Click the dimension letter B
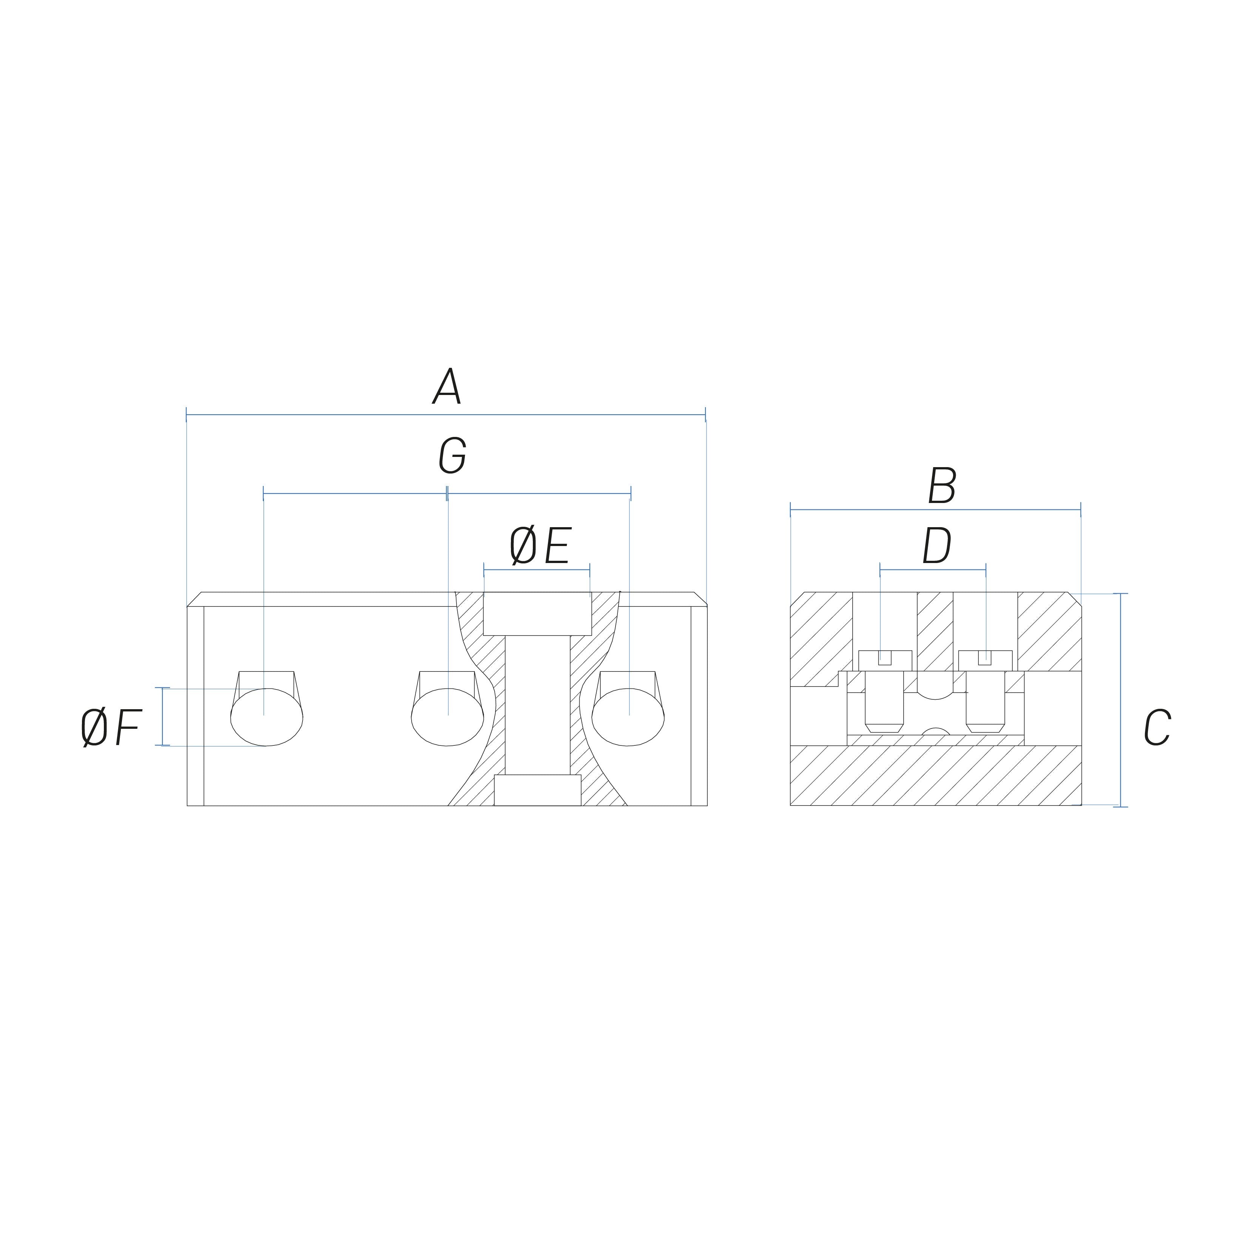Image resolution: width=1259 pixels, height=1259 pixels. pos(942,486)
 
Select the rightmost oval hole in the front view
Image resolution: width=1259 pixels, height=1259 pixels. pos(628,717)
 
